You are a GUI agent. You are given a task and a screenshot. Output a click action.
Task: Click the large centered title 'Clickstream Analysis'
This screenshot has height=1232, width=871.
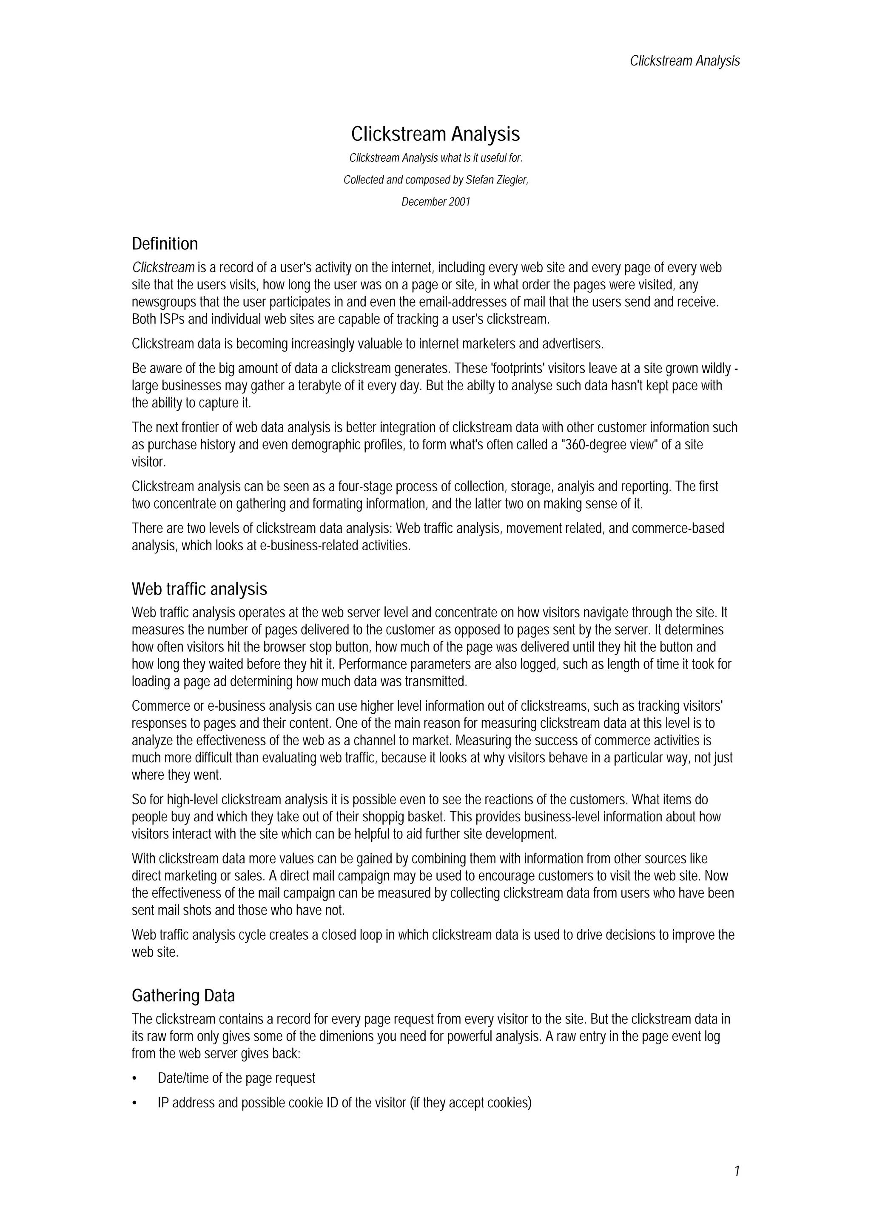[435, 134]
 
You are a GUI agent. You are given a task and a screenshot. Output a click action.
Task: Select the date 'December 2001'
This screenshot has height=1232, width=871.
[435, 202]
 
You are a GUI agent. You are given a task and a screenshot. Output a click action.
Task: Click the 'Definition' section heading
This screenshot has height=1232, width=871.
[165, 244]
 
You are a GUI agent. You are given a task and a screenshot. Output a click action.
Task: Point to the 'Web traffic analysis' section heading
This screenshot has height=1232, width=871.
[199, 589]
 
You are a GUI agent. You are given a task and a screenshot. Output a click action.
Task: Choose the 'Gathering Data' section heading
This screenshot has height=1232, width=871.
[183, 996]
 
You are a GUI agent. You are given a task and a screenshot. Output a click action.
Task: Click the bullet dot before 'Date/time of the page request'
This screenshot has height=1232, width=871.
[135, 1078]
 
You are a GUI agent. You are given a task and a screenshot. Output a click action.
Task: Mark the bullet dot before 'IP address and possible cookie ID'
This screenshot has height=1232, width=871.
[135, 1103]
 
